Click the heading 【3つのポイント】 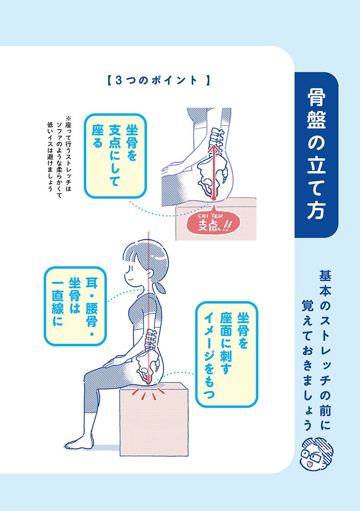[158, 81]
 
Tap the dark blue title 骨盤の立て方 [316, 155]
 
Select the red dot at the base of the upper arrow [213, 198]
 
